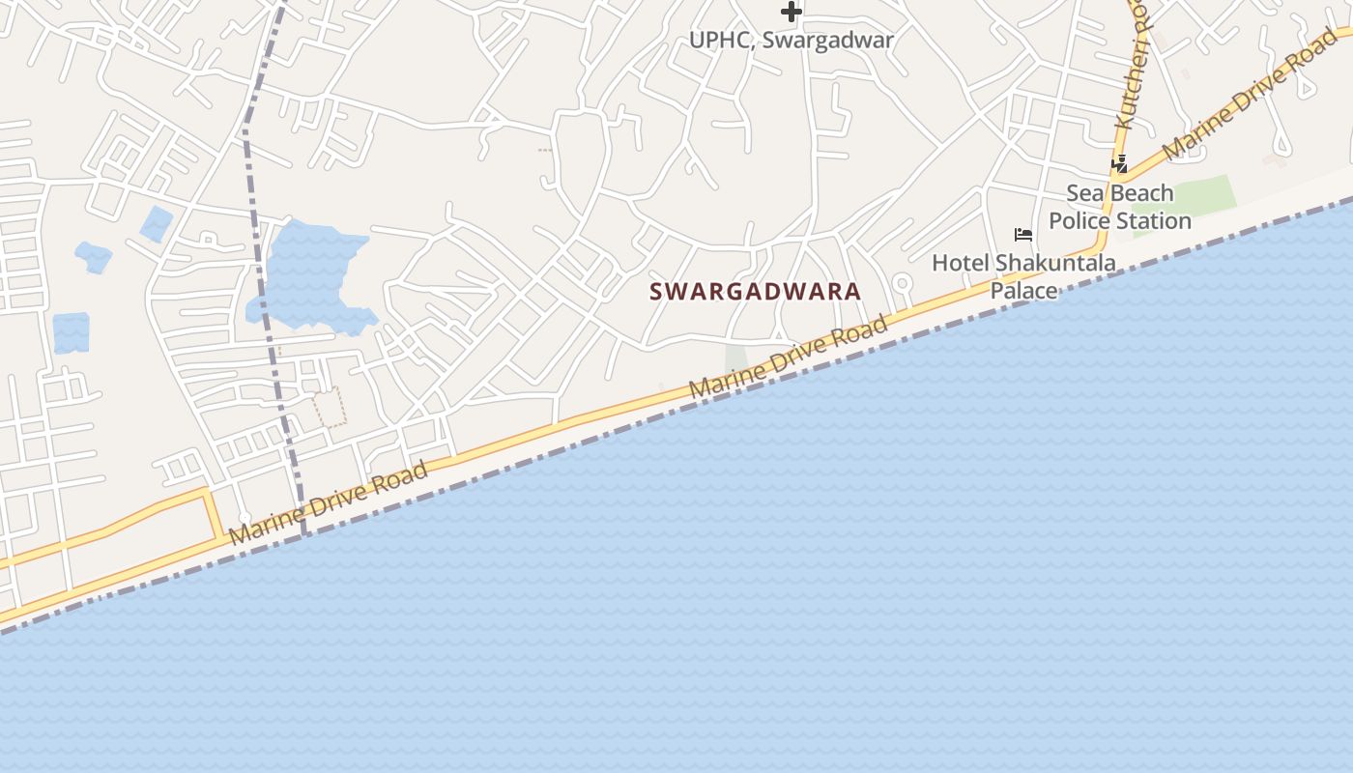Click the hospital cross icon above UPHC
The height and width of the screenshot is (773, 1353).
coord(792,12)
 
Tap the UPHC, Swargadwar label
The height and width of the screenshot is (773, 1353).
coord(792,41)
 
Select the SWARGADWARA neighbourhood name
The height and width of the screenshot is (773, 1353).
coord(755,291)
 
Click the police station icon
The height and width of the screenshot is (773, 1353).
coord(1119,164)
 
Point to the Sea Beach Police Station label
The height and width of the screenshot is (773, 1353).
coord(1120,207)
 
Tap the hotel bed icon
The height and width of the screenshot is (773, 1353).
coord(1023,235)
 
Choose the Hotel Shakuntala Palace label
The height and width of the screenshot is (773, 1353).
coord(1023,275)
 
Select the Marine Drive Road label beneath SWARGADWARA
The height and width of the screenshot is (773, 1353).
coord(789,357)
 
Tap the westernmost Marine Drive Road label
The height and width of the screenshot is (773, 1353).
coord(329,502)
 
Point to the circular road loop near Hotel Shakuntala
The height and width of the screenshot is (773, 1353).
coord(902,283)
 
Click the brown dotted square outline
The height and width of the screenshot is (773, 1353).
coord(330,407)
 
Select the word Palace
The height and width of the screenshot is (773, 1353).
coord(1023,290)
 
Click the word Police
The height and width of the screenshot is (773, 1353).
coord(1080,220)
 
